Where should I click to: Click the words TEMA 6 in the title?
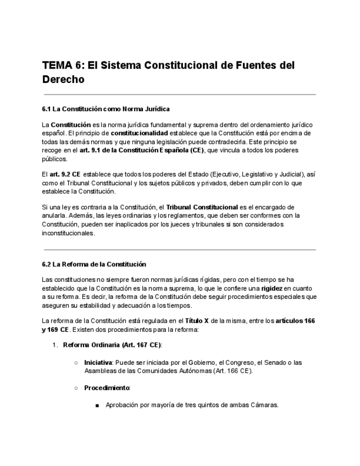(60, 65)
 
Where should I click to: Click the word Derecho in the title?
(63, 79)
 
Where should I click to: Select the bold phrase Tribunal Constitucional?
(202, 207)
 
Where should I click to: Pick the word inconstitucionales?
(69, 232)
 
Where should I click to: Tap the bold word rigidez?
(272, 289)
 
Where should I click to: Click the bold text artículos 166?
(295, 321)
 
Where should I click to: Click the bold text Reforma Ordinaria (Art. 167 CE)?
(112, 345)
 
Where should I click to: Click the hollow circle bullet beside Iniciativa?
(75, 363)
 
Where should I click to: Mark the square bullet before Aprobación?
(97, 406)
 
